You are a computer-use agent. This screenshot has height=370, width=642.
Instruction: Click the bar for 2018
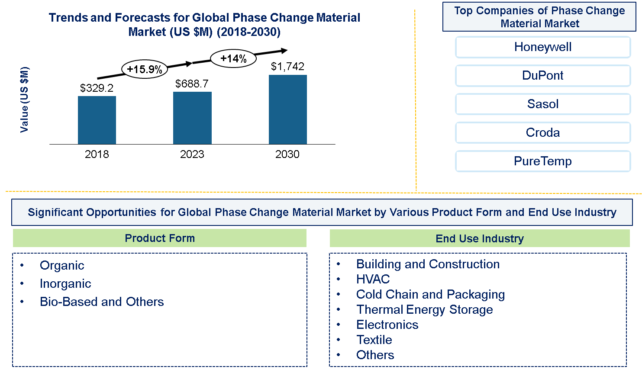(97, 120)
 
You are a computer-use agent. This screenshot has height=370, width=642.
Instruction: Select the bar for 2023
(192, 118)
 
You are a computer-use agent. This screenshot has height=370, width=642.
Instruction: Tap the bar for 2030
(287, 109)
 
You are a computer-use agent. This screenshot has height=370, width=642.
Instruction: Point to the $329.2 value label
(97, 88)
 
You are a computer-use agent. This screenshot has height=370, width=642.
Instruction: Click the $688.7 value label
(192, 84)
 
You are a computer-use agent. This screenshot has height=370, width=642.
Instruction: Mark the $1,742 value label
(287, 67)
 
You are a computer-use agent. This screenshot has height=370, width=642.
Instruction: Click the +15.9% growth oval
(144, 69)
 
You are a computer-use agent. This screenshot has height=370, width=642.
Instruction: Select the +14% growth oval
(233, 58)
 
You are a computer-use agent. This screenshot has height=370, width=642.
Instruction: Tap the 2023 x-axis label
(192, 154)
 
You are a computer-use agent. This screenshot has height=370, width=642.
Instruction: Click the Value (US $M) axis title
(25, 100)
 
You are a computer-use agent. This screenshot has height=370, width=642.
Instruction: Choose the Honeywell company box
(543, 47)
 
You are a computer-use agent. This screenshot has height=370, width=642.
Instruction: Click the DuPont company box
(543, 76)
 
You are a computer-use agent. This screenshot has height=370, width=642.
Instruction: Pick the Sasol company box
(543, 104)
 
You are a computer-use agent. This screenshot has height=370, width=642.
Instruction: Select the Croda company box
(543, 133)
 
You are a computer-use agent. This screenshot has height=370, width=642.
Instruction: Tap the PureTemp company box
(543, 161)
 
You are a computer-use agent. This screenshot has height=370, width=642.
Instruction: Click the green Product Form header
(160, 238)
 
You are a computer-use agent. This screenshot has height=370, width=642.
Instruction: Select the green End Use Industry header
(480, 238)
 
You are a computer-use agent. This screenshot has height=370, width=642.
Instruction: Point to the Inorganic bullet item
(65, 284)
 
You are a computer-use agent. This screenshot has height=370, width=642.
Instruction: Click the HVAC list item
(373, 280)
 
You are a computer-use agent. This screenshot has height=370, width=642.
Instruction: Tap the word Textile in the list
(374, 340)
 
